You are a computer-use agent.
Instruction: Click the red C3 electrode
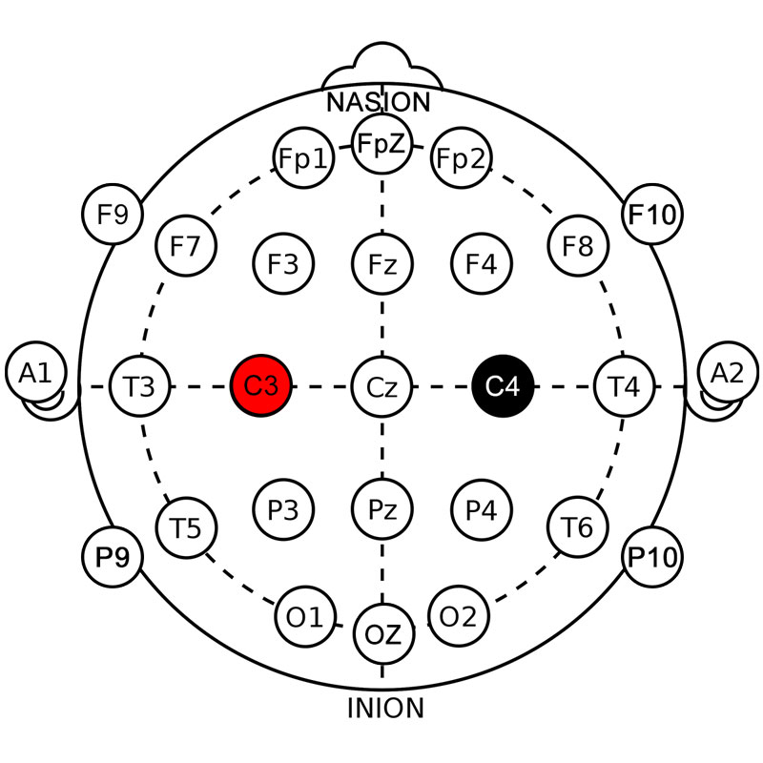260,386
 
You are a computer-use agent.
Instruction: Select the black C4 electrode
503,386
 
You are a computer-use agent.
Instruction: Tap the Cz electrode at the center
381,386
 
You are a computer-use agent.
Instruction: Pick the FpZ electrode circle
381,146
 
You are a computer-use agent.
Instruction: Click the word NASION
379,102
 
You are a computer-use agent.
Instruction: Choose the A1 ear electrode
35,374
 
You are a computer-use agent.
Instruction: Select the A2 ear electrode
728,374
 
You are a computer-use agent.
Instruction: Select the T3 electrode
140,386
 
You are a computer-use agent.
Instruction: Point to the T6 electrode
578,526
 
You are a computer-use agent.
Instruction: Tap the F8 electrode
578,247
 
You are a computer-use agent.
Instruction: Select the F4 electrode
482,262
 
